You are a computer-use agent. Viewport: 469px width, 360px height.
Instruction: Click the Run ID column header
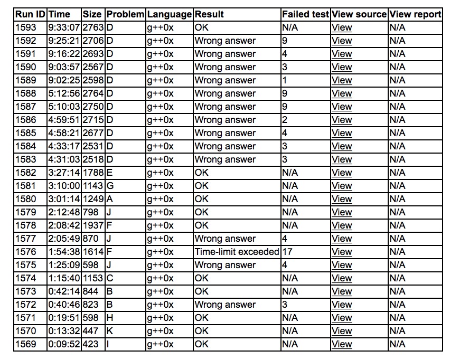click(x=31, y=14)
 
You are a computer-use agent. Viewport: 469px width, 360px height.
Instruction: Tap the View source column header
click(x=359, y=14)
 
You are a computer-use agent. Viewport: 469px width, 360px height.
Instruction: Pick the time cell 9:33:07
click(x=63, y=27)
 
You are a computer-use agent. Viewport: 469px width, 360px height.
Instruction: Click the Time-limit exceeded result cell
click(x=237, y=252)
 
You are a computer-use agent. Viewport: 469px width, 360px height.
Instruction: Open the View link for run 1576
click(x=341, y=252)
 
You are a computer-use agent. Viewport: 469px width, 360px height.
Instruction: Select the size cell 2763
click(x=93, y=27)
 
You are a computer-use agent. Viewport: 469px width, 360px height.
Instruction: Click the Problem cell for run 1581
click(x=110, y=186)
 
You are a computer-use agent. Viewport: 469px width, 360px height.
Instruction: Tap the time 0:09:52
click(x=63, y=344)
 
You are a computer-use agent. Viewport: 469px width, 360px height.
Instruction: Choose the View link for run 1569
click(x=341, y=344)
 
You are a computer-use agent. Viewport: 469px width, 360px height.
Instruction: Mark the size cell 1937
click(x=93, y=225)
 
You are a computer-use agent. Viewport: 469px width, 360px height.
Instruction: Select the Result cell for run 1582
click(x=202, y=173)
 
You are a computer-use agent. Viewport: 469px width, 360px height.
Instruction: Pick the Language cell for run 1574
click(x=160, y=278)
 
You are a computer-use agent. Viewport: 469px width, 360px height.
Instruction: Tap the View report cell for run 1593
click(x=397, y=27)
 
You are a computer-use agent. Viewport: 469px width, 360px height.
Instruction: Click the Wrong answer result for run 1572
click(x=225, y=305)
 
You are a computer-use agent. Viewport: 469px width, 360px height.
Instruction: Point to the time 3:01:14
click(x=63, y=199)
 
